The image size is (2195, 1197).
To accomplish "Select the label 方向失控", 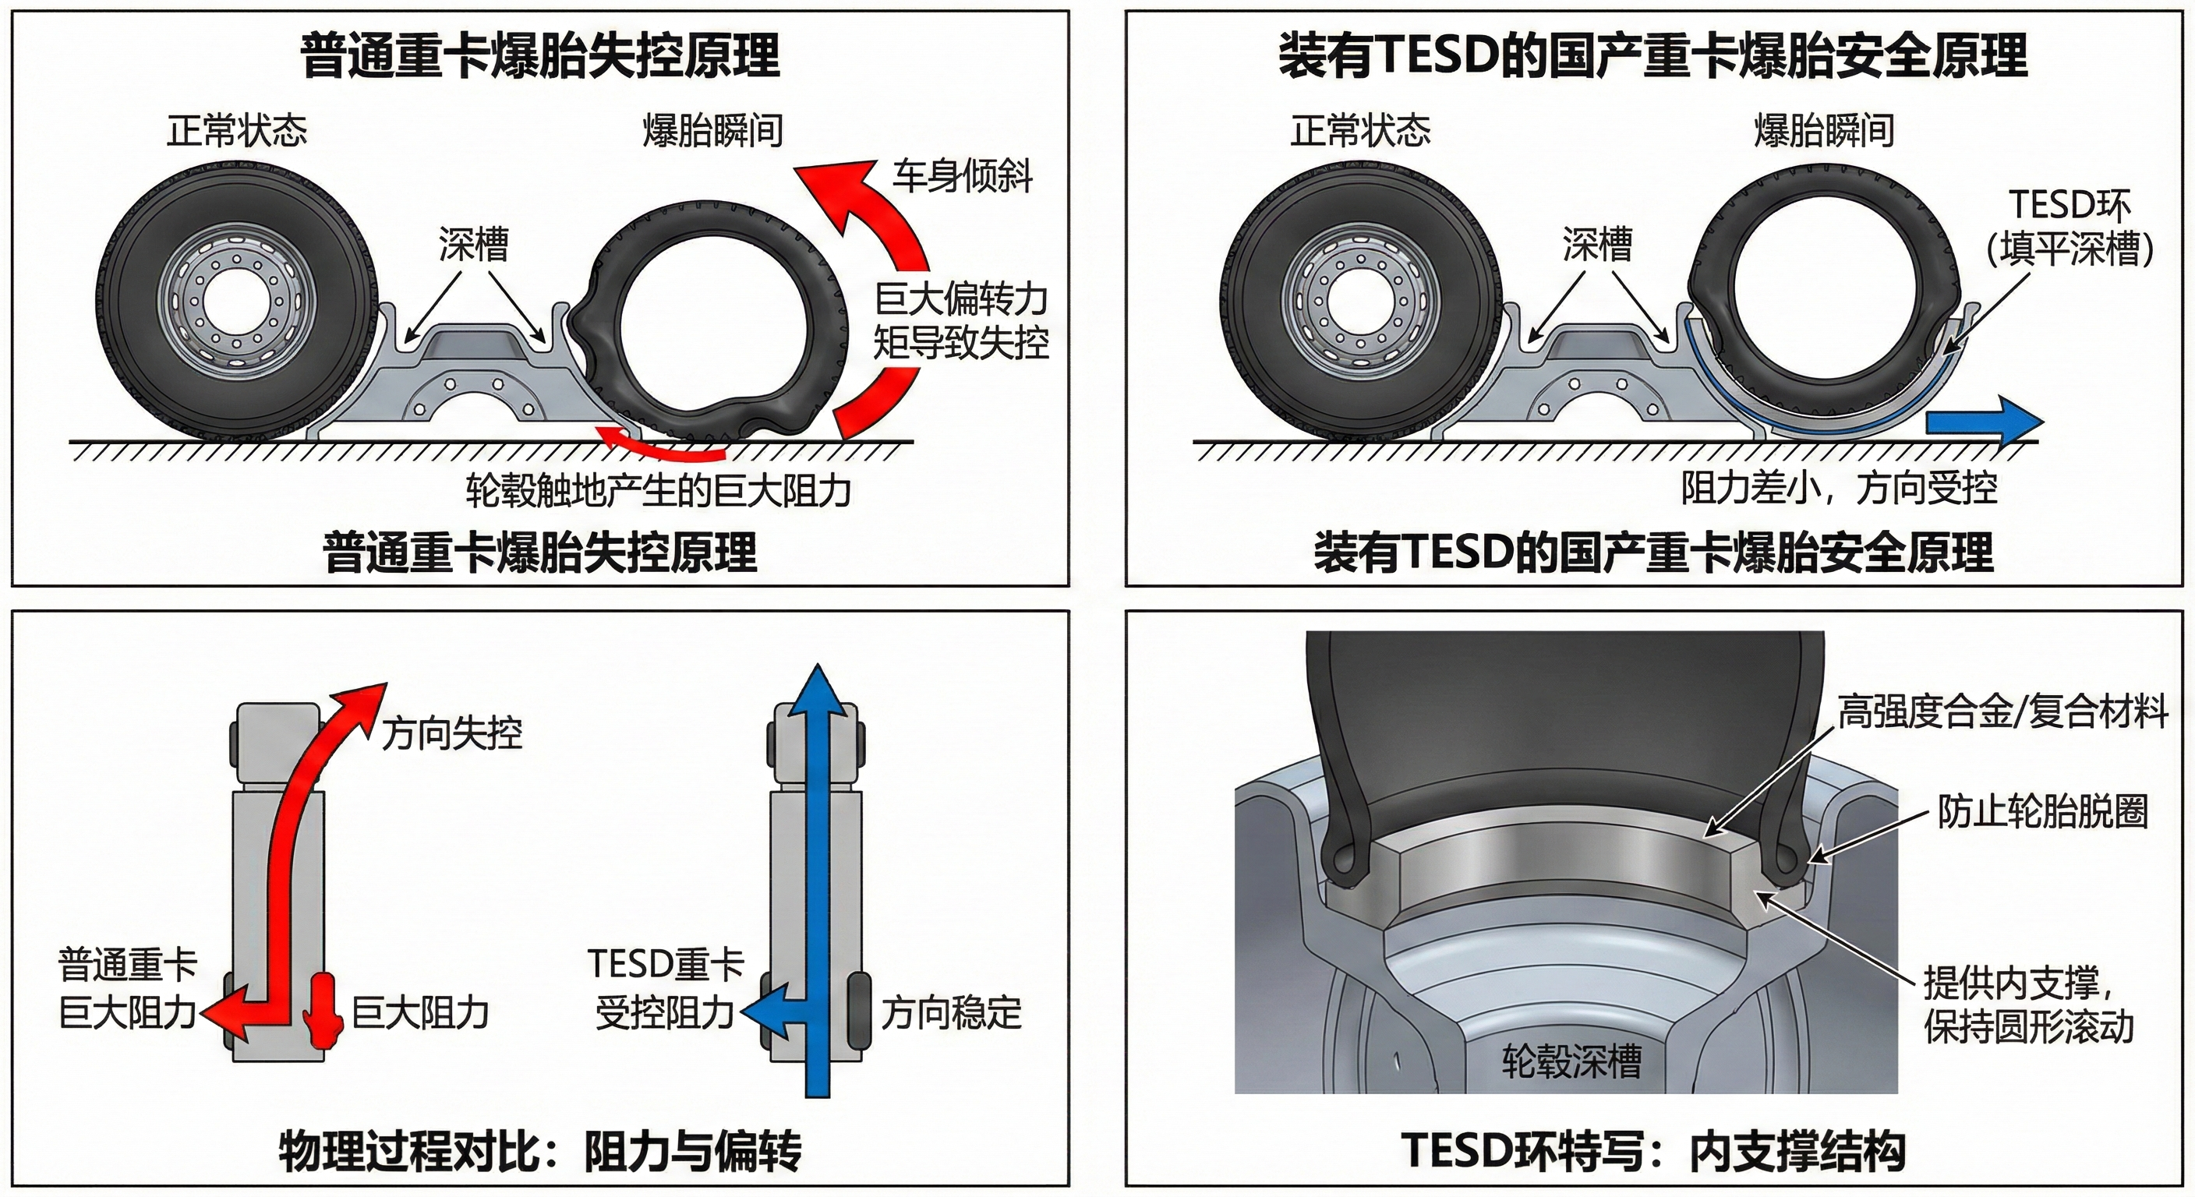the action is tap(451, 733).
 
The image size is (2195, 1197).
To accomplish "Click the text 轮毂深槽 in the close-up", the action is tap(1571, 1061).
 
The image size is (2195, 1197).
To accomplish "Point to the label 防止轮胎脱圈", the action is tap(2042, 811).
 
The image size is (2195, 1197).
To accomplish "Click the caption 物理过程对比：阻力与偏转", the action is tap(540, 1152).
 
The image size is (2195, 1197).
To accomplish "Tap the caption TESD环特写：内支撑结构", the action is tap(1653, 1152).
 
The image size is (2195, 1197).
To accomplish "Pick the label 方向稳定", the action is tap(951, 1012).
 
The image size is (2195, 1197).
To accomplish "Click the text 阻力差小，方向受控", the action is tap(1839, 488).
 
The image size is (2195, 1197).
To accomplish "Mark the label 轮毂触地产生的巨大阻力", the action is tap(659, 491).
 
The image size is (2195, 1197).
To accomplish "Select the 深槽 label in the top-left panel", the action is tap(474, 245).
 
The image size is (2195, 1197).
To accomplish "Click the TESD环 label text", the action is tap(2070, 205).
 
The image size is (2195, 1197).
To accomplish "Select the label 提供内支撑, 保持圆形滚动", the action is tap(2028, 1005).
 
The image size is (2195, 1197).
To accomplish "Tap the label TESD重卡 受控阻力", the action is tap(665, 988).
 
